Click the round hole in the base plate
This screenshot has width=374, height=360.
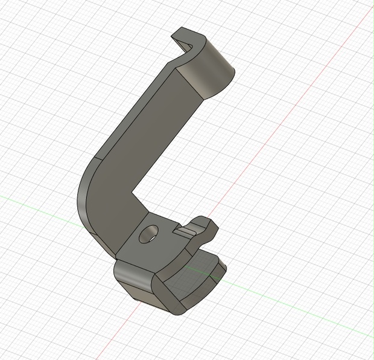click(x=148, y=234)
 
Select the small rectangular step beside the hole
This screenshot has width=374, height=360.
click(x=187, y=230)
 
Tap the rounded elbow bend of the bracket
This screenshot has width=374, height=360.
click(x=90, y=199)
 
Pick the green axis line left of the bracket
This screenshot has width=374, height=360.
click(x=36, y=202)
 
